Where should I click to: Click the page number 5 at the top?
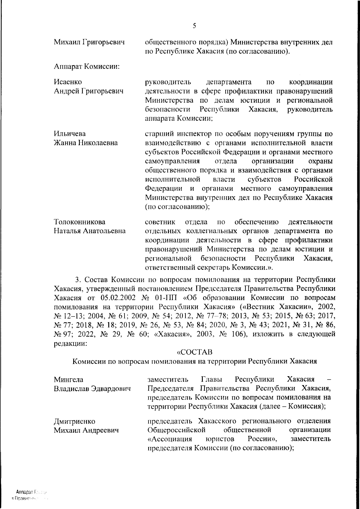click(194, 26)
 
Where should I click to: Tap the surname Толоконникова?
click(79, 222)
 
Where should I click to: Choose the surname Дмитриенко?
click(74, 421)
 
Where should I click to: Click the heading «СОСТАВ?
click(194, 351)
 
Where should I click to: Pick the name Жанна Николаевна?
click(86, 143)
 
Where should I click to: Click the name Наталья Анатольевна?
click(90, 231)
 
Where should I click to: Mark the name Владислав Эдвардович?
click(92, 389)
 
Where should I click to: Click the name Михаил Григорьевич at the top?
click(89, 43)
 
